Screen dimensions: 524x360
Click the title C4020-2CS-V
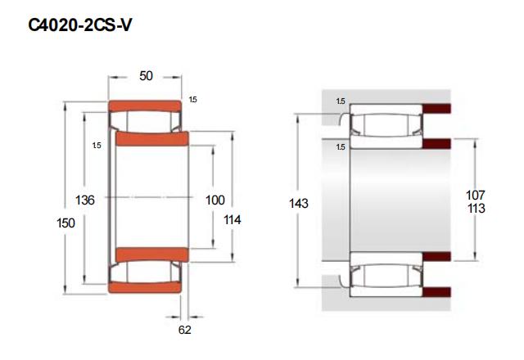tap(80, 25)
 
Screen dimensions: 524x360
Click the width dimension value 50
tap(146, 76)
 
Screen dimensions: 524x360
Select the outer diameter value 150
tap(65, 223)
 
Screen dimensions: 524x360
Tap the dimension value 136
tap(85, 200)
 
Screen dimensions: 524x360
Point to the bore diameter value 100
tap(215, 200)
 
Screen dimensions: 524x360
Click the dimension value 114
tap(233, 220)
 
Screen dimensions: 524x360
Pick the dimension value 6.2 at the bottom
tap(185, 330)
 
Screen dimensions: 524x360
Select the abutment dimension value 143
tap(298, 203)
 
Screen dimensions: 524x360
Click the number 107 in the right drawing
tap(476, 195)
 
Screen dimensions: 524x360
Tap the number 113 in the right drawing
tap(477, 209)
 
